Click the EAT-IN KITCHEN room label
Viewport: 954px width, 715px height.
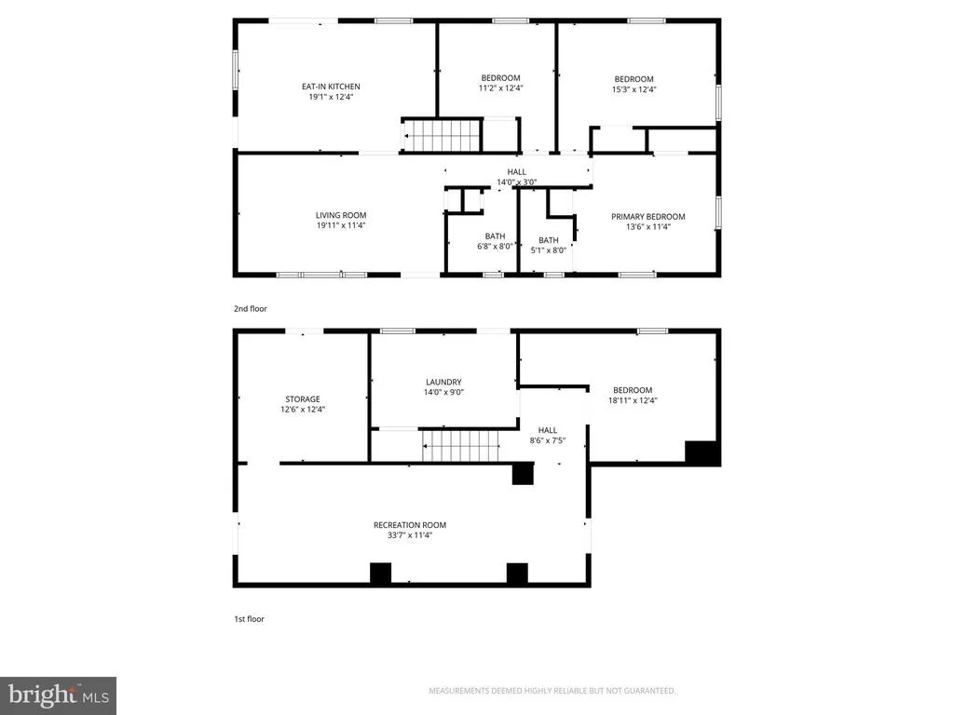point(331,87)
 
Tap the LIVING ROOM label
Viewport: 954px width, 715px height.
point(341,215)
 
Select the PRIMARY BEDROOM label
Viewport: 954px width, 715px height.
point(648,216)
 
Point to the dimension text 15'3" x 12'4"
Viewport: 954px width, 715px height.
point(634,89)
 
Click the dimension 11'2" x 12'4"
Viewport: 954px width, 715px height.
point(500,88)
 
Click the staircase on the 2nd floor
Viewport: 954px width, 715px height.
point(443,136)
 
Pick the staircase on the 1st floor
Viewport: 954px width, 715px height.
point(460,446)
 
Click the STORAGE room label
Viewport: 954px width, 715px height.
point(303,399)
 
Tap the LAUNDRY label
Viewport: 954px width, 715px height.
point(443,383)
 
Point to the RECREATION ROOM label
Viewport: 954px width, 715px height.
point(410,525)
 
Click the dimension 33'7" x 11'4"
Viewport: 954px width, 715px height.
point(410,535)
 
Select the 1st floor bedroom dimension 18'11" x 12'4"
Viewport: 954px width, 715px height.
point(633,400)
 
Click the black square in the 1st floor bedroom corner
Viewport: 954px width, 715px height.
point(702,453)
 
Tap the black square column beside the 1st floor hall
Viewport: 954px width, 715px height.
point(523,474)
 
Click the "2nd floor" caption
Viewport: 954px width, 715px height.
point(251,309)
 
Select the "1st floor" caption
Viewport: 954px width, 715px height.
point(250,619)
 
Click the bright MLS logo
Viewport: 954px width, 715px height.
point(58,695)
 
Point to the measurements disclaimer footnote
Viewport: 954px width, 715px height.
point(552,691)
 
